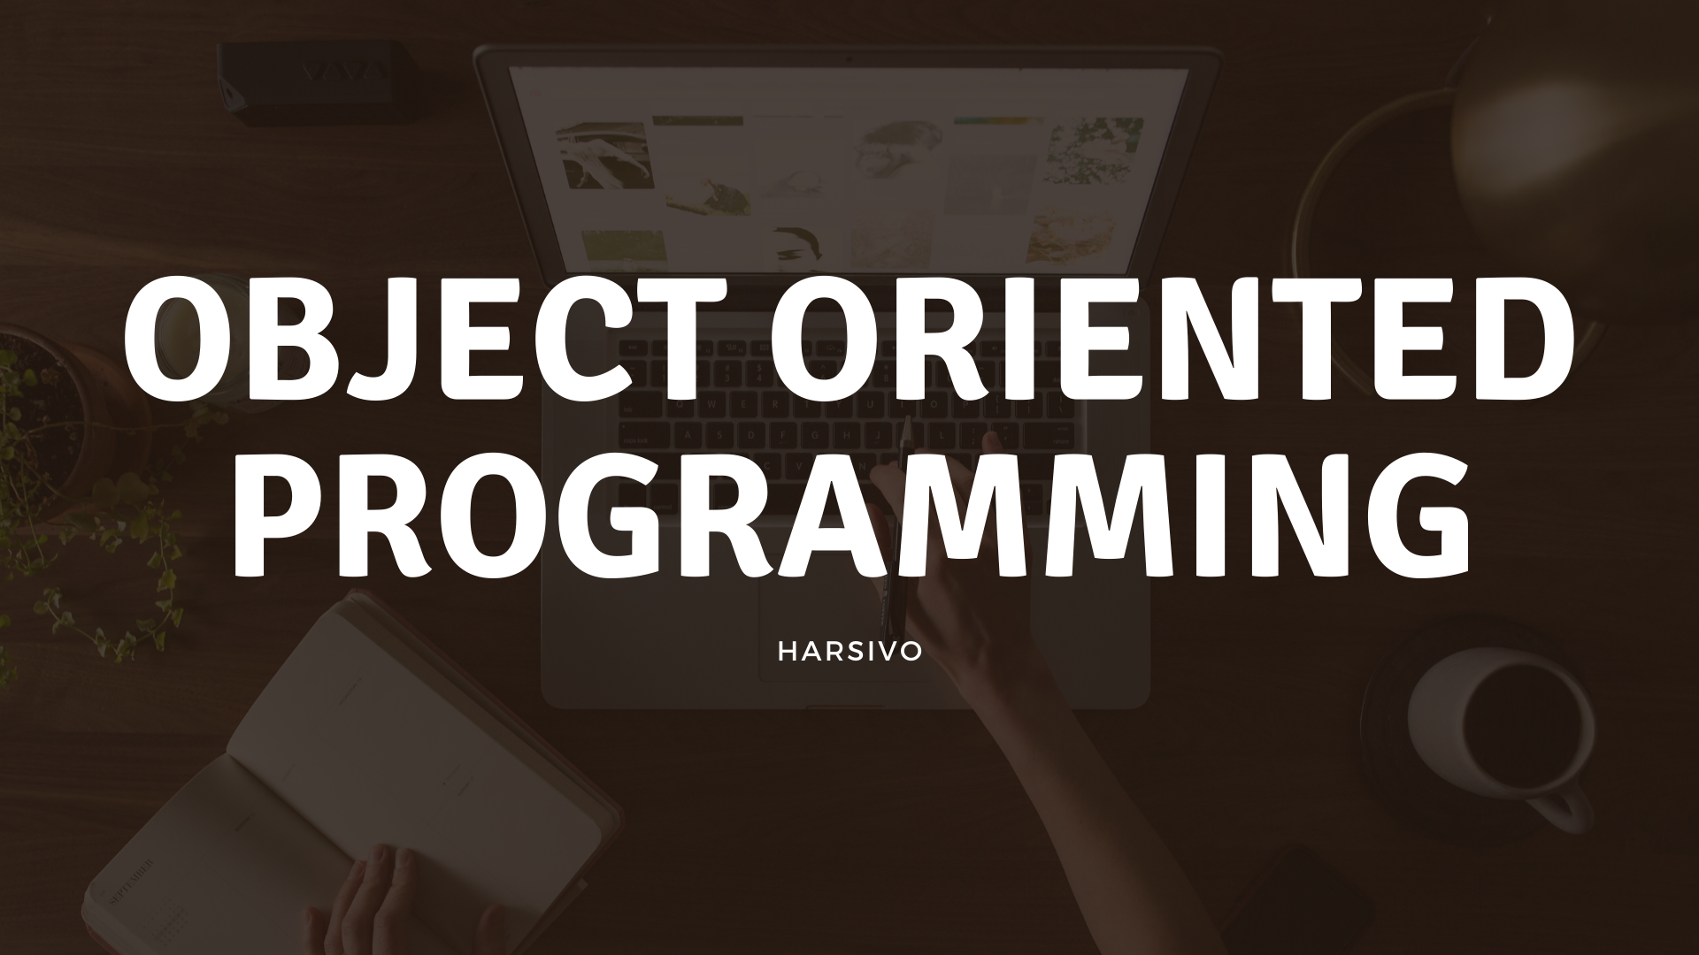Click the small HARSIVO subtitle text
pyautogui.click(x=849, y=651)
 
